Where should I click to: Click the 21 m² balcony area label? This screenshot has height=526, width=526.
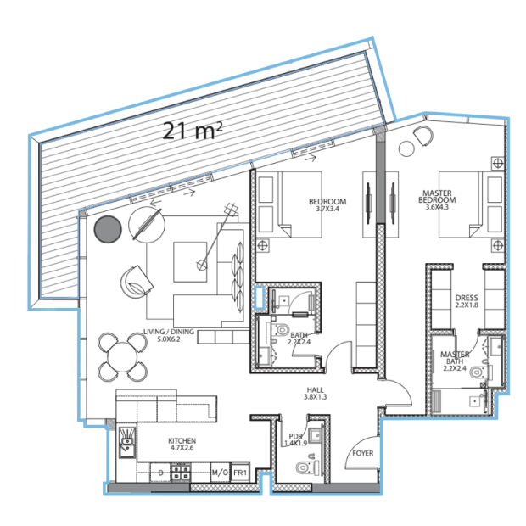point(193,131)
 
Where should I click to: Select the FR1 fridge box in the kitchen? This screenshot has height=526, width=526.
point(240,473)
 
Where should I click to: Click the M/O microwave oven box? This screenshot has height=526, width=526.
point(220,473)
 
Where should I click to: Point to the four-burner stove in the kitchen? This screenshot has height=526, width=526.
point(181,472)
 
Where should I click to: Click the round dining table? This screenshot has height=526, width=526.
point(122,357)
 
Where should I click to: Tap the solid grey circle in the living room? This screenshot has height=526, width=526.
point(108,229)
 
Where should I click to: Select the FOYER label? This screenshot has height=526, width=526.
point(362,453)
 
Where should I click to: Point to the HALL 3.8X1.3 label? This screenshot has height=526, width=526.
point(315,393)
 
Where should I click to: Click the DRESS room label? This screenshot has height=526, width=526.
point(467,301)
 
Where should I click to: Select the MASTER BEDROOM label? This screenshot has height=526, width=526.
point(437,199)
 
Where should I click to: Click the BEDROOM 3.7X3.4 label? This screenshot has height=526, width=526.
point(327,205)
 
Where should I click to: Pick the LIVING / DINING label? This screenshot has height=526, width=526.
point(169,335)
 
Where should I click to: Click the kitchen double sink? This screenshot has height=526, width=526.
point(127,443)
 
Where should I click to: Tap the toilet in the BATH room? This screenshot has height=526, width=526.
point(282,330)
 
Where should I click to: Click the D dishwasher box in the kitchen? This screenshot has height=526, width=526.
point(160,473)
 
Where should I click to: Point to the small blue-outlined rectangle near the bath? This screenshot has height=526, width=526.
point(260,297)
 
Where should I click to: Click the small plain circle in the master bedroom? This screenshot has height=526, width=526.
point(406,148)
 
